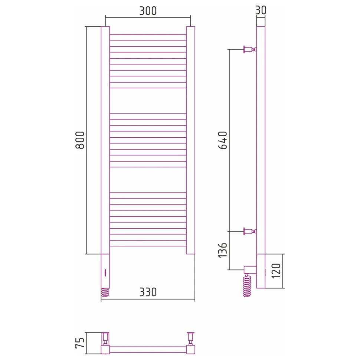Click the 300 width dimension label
point(148,11)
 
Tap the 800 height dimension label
point(80,140)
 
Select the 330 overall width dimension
point(148,292)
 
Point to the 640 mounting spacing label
point(222,140)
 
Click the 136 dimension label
point(222,250)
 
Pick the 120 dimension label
point(276,271)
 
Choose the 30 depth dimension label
point(261,10)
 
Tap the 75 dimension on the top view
point(80,343)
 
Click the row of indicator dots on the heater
point(105,273)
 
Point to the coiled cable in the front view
point(105,292)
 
